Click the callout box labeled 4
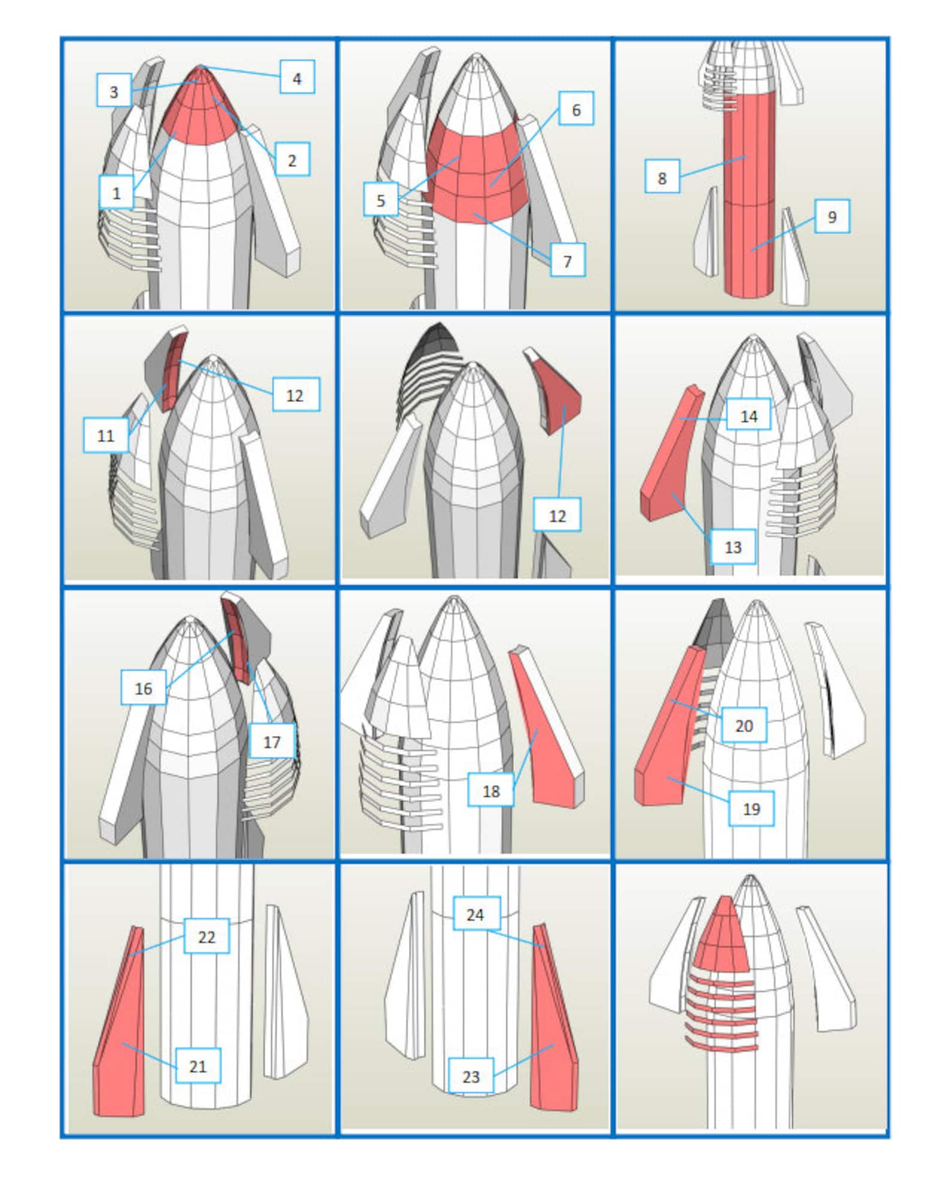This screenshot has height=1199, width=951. tap(297, 77)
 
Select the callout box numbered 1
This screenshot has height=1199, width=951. tap(116, 192)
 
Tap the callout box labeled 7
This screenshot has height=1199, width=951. tap(567, 260)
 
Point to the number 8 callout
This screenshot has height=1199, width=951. tap(662, 177)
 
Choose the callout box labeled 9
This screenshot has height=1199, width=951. tap(831, 216)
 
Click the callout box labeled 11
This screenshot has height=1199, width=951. tap(106, 435)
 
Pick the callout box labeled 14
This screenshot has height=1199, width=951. tap(749, 415)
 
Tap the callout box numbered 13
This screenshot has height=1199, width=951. tap(732, 546)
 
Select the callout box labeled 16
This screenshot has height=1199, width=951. tap(143, 688)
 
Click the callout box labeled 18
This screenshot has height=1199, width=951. tap(490, 790)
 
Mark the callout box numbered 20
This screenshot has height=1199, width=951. tap(743, 725)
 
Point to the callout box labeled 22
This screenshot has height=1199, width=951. tap(206, 936)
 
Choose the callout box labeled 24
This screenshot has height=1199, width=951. tap(476, 914)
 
